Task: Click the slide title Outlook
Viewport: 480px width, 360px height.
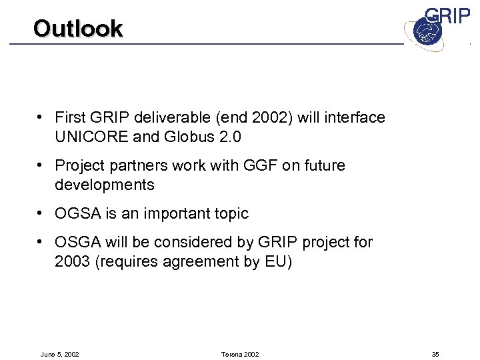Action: click(x=78, y=29)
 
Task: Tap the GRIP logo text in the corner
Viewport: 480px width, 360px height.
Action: click(x=447, y=17)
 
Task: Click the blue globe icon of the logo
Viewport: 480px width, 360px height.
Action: click(x=423, y=32)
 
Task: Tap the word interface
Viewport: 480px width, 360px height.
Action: click(x=353, y=118)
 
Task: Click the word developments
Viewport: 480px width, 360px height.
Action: click(x=105, y=185)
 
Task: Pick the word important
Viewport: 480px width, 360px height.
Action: click(x=173, y=214)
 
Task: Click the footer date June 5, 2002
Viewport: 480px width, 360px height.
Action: click(x=60, y=354)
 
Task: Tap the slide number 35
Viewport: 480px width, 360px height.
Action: click(x=435, y=354)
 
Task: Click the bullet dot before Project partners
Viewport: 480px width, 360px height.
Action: click(x=42, y=165)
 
